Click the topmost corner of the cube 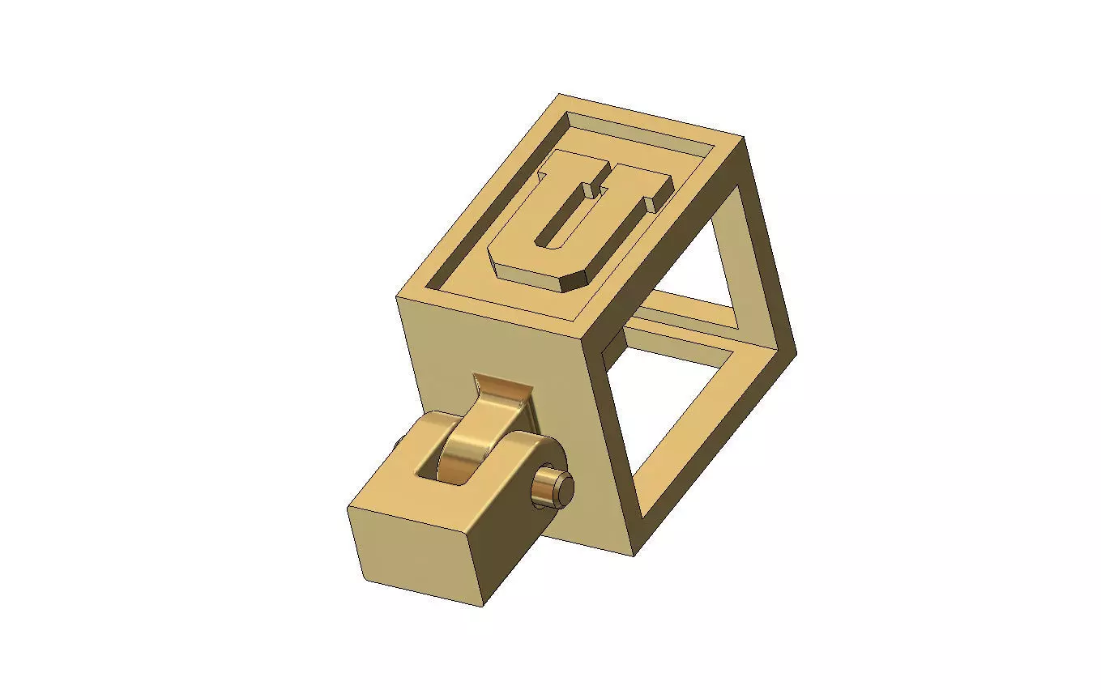(559, 96)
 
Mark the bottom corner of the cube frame (634, 555)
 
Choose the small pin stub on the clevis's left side (399, 445)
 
